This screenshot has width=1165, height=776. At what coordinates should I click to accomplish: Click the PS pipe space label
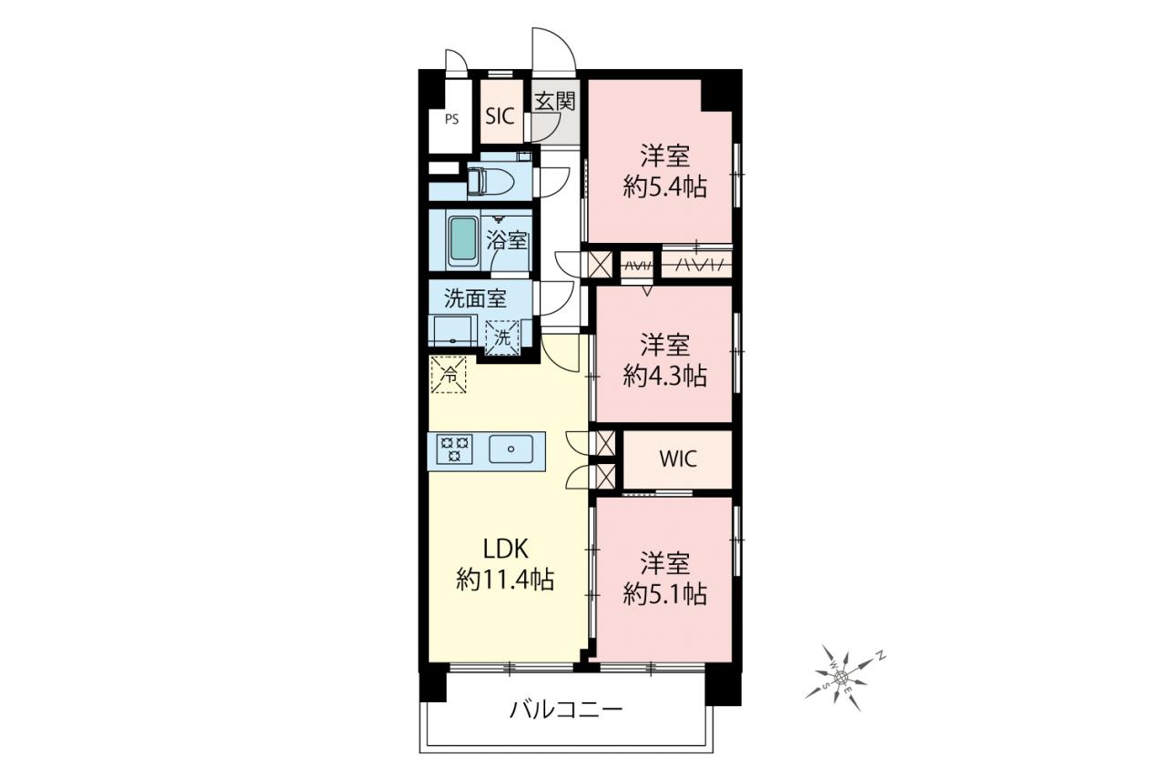point(451,119)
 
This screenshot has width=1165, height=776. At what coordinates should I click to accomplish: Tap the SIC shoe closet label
point(500,116)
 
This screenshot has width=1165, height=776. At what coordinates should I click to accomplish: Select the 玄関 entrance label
point(555,101)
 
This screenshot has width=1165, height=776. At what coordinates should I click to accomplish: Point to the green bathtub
point(463,239)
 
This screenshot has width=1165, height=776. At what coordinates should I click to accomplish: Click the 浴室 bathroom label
point(507,241)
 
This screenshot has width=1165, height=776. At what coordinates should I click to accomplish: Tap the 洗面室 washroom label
point(475,299)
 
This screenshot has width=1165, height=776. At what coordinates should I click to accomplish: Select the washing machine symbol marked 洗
point(502,338)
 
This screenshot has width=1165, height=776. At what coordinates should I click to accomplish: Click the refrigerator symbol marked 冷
point(449,374)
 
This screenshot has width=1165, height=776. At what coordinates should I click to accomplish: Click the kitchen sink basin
point(512,449)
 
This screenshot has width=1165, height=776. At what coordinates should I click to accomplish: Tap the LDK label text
point(505,549)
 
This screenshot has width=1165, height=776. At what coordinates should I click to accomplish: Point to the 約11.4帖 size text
point(505,579)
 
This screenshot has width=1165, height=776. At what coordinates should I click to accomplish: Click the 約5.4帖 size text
point(665,187)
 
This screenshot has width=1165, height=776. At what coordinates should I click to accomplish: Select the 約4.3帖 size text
point(665,376)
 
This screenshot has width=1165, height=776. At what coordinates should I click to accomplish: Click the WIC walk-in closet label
point(678,459)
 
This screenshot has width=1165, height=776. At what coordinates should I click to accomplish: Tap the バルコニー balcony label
point(566,710)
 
